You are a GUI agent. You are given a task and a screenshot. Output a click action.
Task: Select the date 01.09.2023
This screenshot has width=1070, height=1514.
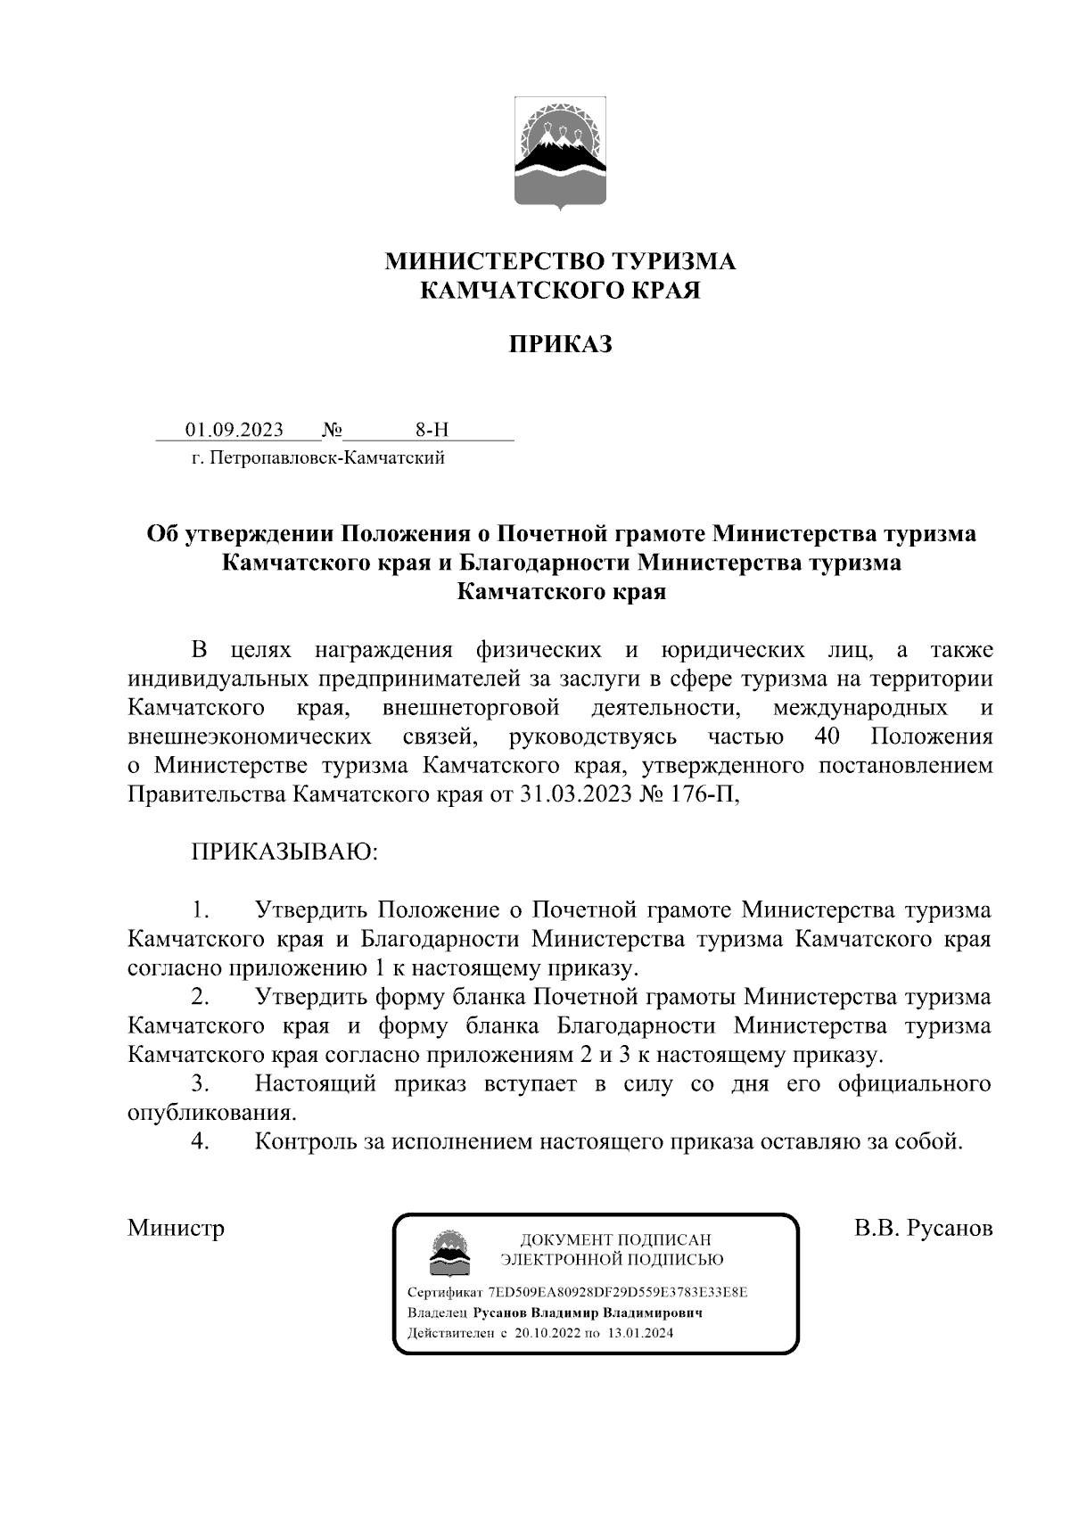coord(235,430)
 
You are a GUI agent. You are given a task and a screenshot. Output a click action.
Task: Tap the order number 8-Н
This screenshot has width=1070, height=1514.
coord(432,430)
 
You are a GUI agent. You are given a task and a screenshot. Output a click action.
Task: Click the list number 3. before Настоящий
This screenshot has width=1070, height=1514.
coord(200,1083)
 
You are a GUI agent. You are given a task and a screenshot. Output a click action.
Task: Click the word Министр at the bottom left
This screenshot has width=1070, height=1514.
coord(176,1228)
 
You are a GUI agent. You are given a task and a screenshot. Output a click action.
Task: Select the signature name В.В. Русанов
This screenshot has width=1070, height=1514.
coord(923,1228)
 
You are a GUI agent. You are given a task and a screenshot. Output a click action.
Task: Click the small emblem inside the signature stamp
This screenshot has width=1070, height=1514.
coord(448,1250)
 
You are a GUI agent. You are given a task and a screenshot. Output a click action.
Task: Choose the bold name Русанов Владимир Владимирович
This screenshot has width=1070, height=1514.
coord(588,1312)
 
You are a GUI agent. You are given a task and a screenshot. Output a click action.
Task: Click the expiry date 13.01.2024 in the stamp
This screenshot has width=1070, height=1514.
coord(640,1333)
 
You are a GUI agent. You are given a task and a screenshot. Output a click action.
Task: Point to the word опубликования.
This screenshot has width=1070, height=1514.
coord(210,1113)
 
